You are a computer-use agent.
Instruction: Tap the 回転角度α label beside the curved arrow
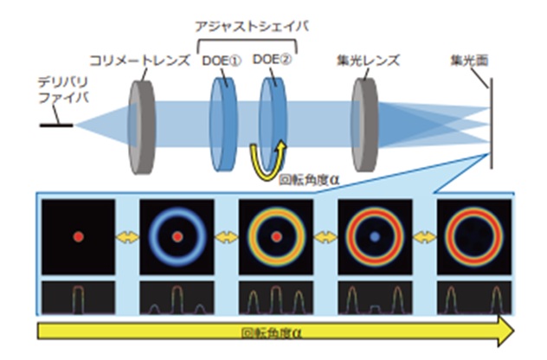click(x=305, y=183)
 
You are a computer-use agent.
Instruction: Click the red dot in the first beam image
click(x=78, y=235)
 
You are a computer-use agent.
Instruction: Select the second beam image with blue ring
click(x=177, y=235)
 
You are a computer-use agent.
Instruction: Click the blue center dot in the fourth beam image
click(x=375, y=235)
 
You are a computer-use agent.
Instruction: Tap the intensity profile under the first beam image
click(x=78, y=297)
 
